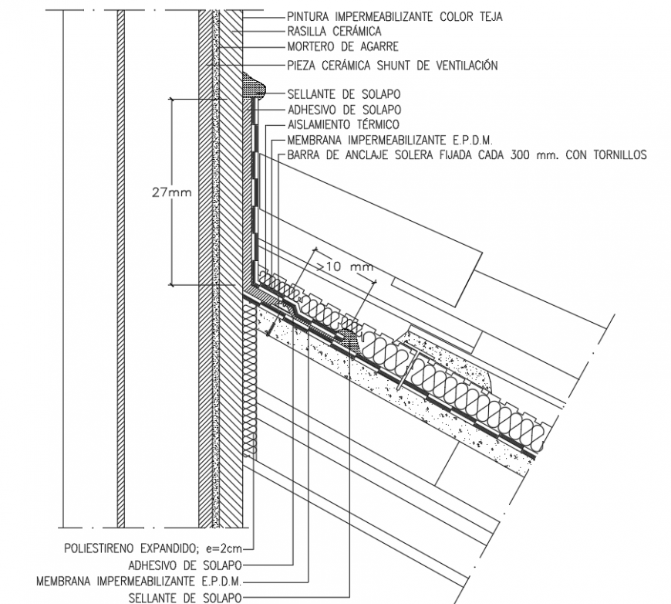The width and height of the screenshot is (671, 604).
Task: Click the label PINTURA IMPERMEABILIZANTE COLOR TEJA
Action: (394, 16)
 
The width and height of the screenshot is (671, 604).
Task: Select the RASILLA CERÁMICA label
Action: (334, 32)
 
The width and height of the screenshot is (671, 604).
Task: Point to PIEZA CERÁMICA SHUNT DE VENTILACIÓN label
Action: (392, 66)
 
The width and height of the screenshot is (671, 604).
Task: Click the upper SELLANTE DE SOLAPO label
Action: (344, 94)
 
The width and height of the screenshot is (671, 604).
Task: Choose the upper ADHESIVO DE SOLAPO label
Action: (344, 109)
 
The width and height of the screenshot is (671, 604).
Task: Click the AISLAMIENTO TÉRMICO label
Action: (342, 124)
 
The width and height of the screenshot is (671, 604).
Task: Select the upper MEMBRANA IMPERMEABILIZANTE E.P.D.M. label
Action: (389, 140)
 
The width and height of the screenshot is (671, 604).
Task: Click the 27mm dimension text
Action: (171, 192)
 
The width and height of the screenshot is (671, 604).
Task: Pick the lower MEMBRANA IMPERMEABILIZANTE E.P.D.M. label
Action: (139, 581)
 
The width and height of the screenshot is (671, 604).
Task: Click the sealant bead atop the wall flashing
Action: (255, 87)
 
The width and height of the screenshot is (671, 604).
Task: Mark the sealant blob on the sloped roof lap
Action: (348, 337)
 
